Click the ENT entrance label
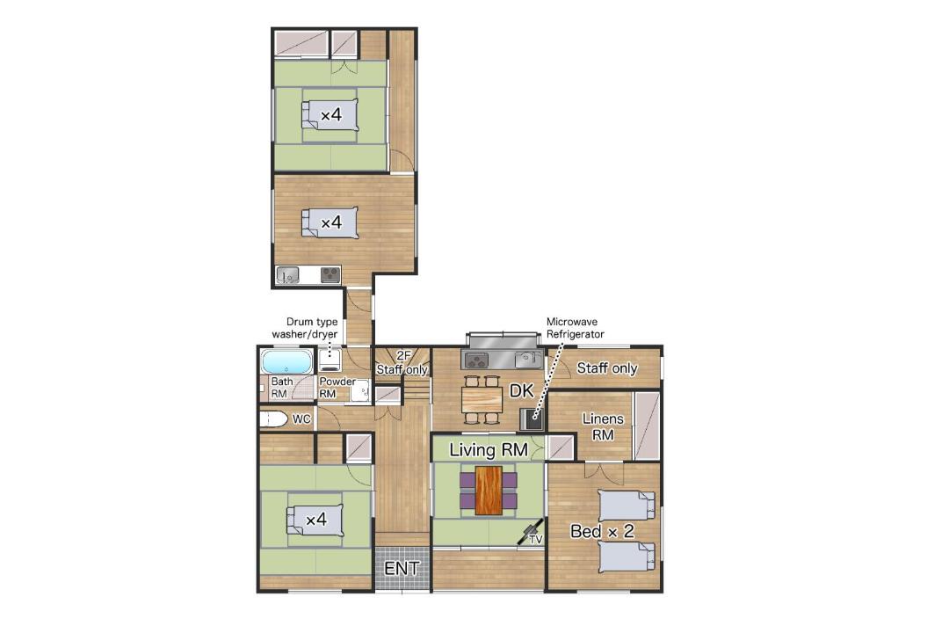click(x=402, y=568)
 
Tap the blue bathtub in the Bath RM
click(x=286, y=361)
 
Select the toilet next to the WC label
click(x=273, y=419)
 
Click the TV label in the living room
click(x=536, y=539)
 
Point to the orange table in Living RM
click(x=489, y=491)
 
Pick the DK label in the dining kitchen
click(x=521, y=390)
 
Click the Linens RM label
click(x=603, y=426)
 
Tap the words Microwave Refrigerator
click(x=575, y=328)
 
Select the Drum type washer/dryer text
click(x=304, y=328)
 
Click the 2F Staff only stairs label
click(x=402, y=363)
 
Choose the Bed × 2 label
click(x=602, y=531)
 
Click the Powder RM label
click(x=337, y=387)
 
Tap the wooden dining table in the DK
click(x=482, y=399)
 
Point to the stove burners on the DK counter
click(x=476, y=360)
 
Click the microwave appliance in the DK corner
click(x=532, y=418)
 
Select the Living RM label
click(x=489, y=450)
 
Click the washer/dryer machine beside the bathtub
click(x=330, y=360)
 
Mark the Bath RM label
click(x=281, y=387)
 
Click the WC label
click(x=301, y=418)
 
